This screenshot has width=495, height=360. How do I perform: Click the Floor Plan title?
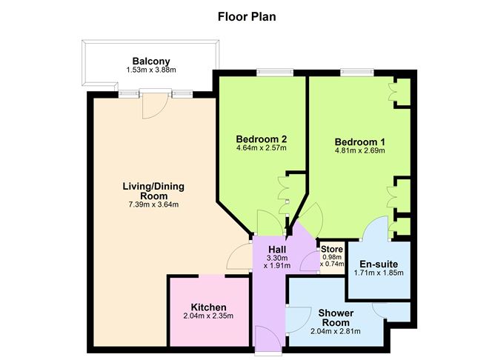[247, 16]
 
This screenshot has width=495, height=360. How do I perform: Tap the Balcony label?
[151, 61]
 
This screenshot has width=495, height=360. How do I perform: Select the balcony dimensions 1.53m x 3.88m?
[151, 71]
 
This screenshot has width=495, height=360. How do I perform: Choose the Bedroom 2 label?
[261, 139]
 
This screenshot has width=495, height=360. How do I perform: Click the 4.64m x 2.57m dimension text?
[261, 148]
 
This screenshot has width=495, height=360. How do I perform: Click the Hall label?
[277, 250]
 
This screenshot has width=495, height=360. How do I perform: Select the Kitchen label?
[208, 307]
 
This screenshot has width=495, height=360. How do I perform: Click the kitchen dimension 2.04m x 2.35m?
[208, 316]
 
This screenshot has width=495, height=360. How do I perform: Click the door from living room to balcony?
[154, 104]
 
